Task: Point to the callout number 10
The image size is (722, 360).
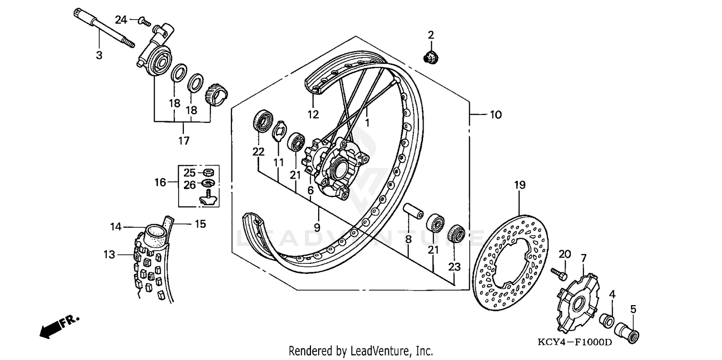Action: tap(495, 115)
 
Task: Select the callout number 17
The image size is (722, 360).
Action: tap(184, 141)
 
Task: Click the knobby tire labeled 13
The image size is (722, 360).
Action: tap(149, 270)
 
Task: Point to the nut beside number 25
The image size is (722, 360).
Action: tap(208, 172)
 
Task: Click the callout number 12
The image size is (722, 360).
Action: tap(313, 115)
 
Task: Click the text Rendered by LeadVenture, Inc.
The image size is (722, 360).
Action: tap(361, 351)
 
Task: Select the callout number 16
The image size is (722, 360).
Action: tap(160, 182)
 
